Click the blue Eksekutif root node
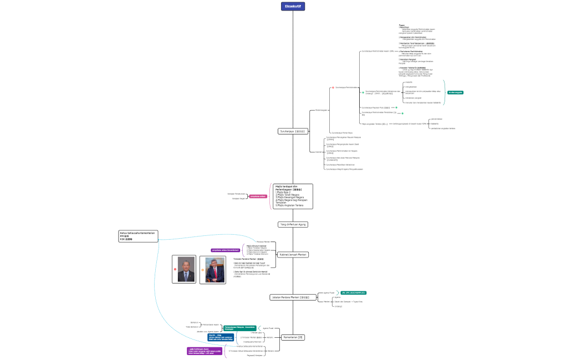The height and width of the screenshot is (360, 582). [293, 7]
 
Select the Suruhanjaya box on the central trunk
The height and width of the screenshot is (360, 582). [292, 131]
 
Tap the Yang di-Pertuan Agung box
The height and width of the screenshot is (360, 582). [293, 224]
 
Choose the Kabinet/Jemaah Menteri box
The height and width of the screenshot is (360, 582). [293, 254]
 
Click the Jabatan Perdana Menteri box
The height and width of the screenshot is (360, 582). [293, 297]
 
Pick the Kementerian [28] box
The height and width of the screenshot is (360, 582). [293, 337]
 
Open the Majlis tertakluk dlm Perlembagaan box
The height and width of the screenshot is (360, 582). [293, 196]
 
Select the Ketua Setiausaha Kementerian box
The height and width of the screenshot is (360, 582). [139, 236]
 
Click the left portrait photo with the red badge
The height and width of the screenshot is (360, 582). [184, 269]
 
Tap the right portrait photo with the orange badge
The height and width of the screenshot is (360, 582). [213, 270]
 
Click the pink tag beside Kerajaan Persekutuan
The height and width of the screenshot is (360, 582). [258, 196]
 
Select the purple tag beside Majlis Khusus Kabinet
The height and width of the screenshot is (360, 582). [225, 250]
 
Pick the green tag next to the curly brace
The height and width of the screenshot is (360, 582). [455, 92]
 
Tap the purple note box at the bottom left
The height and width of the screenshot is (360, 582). [205, 351]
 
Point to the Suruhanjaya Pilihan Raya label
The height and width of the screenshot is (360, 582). [341, 133]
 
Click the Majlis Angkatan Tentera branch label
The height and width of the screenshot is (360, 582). [375, 124]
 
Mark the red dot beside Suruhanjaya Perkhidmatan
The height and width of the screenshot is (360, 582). [333, 88]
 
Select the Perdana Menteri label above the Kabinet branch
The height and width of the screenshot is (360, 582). [263, 241]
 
